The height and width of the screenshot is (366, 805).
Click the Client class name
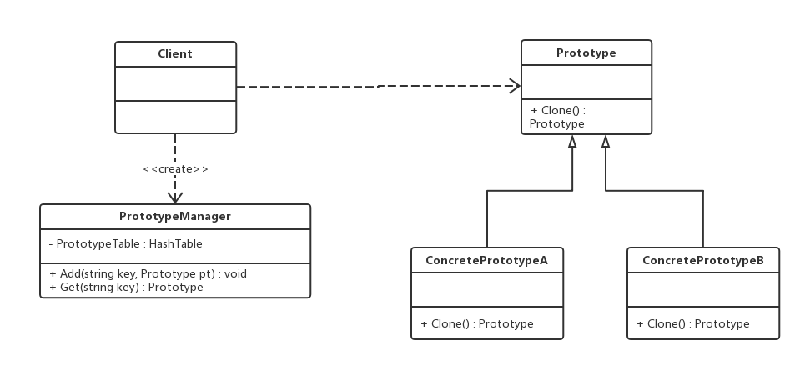coord(175,54)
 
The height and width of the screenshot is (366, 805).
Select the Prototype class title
coord(586,53)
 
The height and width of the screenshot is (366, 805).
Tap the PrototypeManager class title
coord(175,216)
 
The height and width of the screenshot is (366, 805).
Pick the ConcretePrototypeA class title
coord(486,260)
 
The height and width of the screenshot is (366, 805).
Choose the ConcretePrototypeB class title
coord(703,260)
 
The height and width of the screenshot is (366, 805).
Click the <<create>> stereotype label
coord(175,169)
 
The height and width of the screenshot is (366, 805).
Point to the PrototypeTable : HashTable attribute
coord(125,243)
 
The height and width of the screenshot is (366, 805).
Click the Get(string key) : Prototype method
coord(126,287)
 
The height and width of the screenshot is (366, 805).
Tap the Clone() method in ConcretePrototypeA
coord(477,324)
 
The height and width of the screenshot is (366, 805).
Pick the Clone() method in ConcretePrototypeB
coord(693,324)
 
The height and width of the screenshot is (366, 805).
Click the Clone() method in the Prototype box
coord(557,117)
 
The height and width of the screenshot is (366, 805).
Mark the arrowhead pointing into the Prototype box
coord(515,86)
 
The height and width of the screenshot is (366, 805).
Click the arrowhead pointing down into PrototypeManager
coord(175,198)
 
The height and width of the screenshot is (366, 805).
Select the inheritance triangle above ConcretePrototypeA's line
coord(572,141)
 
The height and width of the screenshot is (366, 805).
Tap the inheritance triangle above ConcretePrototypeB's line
coord(606,141)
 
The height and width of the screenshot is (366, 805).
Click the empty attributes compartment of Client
coord(175,83)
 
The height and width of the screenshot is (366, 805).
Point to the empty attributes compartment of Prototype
coord(586,83)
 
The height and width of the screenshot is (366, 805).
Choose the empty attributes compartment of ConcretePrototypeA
coord(487,289)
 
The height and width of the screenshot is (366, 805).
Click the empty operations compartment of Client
coord(175,117)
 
